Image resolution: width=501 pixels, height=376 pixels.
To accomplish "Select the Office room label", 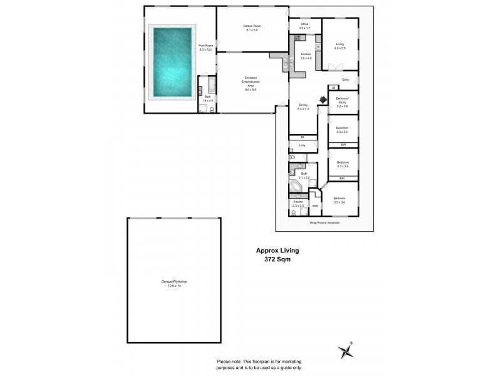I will tap(304, 24).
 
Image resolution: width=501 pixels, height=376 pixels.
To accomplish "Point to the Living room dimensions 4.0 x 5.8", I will tap(340, 48).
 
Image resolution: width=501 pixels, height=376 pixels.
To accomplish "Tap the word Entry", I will tap(345, 80).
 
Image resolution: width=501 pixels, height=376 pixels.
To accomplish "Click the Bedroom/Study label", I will tap(342, 102).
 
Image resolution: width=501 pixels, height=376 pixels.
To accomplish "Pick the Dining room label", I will tap(303, 105).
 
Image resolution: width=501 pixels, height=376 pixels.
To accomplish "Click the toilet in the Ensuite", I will tap(294, 213).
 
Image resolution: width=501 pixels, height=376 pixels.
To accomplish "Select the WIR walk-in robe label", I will tap(315, 205).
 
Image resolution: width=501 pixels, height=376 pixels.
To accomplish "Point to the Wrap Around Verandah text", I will tap(324, 222).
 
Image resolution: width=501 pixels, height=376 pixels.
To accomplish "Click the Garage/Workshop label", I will tap(174, 281).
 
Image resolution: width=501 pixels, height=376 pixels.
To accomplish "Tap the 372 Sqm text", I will tap(274, 258).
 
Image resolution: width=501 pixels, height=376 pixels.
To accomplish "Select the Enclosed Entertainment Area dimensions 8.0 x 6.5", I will tap(250, 90).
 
